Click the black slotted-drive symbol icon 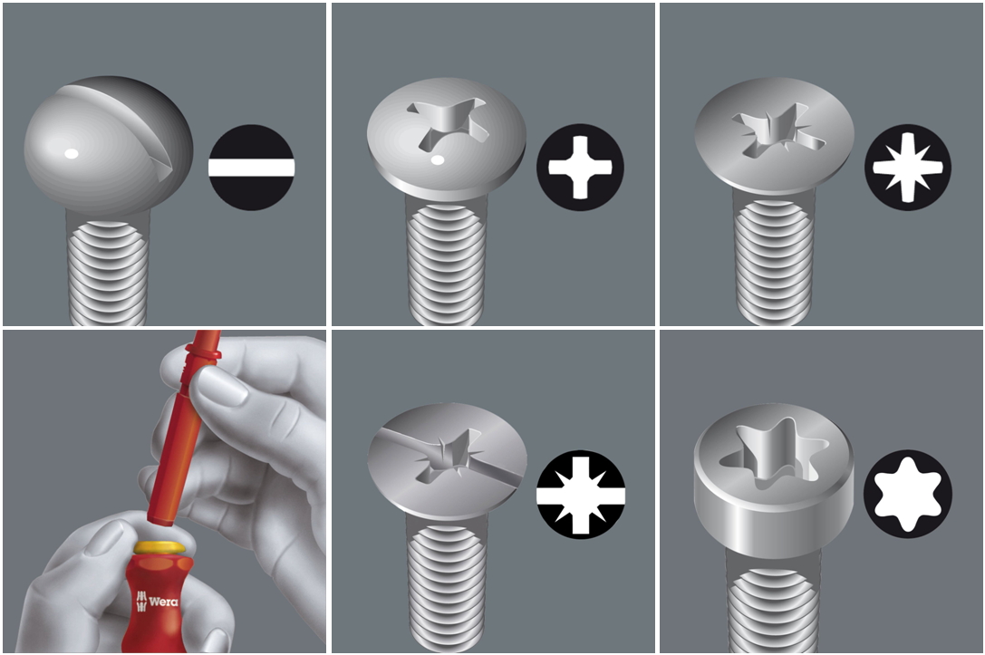pyautogui.click(x=251, y=167)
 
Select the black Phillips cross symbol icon pyautogui.click(x=580, y=167)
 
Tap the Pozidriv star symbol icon pyautogui.click(x=908, y=167)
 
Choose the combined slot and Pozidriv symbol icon pyautogui.click(x=581, y=495)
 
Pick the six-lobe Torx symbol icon pyautogui.click(x=908, y=495)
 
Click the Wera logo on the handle pyautogui.click(x=157, y=601)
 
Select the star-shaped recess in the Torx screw pyautogui.click(x=774, y=453)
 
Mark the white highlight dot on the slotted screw pyautogui.click(x=71, y=153)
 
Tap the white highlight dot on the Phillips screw pyautogui.click(x=437, y=160)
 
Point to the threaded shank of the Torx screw pyautogui.click(x=774, y=602)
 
